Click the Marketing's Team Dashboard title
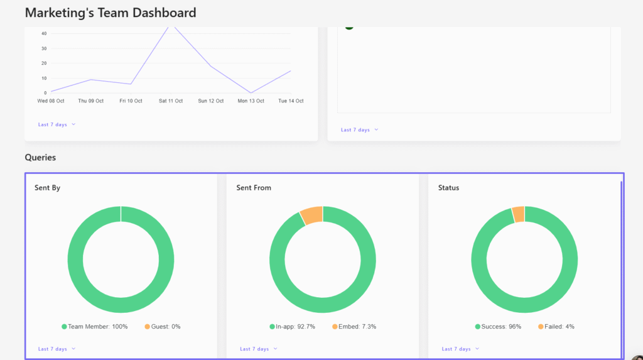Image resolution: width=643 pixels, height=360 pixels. point(111,13)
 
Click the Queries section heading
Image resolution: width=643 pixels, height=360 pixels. point(40,157)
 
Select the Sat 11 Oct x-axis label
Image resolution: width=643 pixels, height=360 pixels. point(170,101)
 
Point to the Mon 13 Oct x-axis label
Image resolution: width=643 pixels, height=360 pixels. point(251,101)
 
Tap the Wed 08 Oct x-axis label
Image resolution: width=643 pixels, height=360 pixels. point(51,101)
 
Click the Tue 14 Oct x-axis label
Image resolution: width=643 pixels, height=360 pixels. point(291,101)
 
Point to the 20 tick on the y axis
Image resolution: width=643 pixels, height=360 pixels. point(44,63)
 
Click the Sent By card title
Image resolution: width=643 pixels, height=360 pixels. point(47,188)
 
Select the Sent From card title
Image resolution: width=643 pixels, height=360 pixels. point(254,188)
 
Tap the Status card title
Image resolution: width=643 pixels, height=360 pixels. point(448,188)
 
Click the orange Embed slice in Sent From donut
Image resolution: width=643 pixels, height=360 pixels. point(312,215)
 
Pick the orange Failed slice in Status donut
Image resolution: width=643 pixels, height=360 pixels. point(519,214)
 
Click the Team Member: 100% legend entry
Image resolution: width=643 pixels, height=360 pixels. point(94,327)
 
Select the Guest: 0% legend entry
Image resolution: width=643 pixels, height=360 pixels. point(163,327)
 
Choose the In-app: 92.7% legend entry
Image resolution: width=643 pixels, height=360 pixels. point(292,327)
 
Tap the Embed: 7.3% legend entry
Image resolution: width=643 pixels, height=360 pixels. point(354,327)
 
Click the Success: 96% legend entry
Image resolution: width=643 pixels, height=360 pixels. point(498,327)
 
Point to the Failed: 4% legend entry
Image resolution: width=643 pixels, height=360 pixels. point(556,327)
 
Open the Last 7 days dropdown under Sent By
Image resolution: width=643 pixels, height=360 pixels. point(57,349)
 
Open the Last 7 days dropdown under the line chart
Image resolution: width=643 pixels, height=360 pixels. point(57,124)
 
